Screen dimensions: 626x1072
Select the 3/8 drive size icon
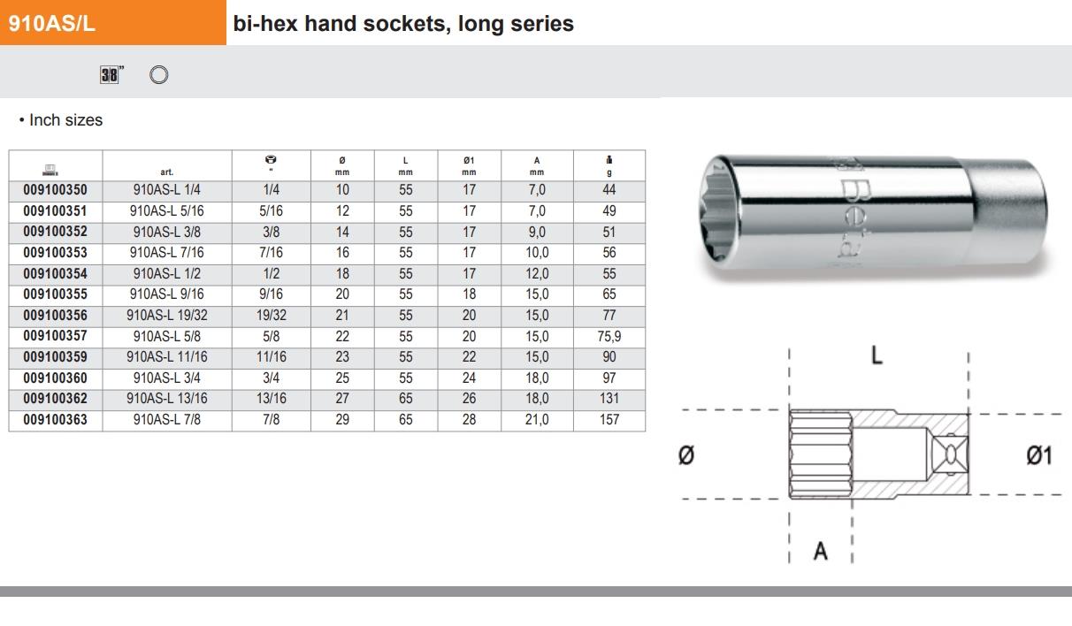[109, 75]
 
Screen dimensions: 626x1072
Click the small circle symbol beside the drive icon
[158, 75]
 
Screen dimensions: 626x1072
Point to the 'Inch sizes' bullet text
[61, 120]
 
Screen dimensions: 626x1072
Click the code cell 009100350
[56, 190]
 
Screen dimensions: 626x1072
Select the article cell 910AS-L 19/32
[167, 316]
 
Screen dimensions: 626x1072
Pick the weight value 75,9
[609, 337]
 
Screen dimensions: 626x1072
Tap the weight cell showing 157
[609, 420]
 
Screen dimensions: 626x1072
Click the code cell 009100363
[56, 420]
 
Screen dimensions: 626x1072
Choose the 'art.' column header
[167, 172]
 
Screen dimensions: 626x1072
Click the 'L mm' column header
[405, 165]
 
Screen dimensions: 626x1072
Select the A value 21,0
[537, 420]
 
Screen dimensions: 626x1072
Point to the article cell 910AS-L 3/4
[167, 378]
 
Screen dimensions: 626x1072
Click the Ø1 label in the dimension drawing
[1038, 455]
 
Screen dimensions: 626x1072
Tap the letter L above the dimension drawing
[877, 356]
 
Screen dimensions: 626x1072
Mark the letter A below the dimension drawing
[821, 551]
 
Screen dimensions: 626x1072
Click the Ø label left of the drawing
[685, 455]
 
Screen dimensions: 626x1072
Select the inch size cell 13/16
[272, 399]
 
